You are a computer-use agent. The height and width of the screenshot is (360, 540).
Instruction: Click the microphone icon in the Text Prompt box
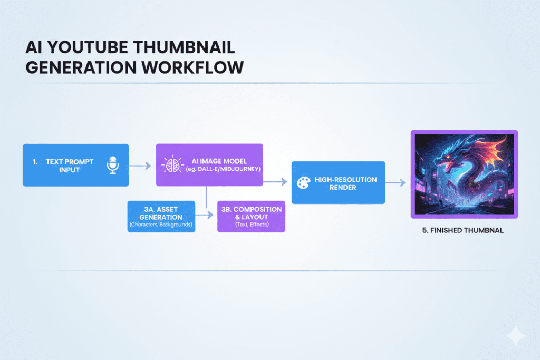(111, 165)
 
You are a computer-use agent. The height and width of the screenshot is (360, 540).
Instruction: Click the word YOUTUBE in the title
(84, 48)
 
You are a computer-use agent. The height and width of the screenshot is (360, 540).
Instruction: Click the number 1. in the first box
(35, 162)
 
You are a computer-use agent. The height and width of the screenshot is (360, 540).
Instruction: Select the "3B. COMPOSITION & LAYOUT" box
(251, 217)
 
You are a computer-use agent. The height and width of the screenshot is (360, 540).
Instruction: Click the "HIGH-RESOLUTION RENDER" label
(345, 183)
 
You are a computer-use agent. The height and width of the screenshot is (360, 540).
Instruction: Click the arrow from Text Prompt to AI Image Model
(141, 165)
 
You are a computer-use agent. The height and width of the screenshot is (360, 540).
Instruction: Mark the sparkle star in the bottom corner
(515, 336)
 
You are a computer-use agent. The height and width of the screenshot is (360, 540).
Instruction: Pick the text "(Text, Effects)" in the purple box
(251, 225)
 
